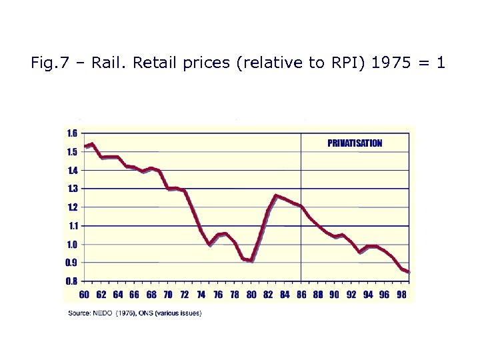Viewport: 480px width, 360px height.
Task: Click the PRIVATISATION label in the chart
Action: (x=355, y=143)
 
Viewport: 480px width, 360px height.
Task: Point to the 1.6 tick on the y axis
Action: (x=71, y=133)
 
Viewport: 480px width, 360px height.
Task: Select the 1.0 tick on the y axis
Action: (x=71, y=245)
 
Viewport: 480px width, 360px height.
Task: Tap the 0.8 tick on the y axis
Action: (x=71, y=281)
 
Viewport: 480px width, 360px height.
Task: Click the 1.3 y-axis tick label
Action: (x=71, y=189)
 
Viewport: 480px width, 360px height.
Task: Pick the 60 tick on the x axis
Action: (x=85, y=295)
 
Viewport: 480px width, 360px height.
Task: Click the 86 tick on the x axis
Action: (x=301, y=295)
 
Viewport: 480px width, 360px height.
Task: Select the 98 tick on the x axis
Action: (x=401, y=295)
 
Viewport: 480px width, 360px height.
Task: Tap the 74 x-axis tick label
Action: (x=201, y=295)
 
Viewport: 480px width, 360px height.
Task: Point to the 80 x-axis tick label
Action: (x=251, y=295)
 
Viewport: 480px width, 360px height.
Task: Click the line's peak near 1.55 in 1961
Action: (x=93, y=143)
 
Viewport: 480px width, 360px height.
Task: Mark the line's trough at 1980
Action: (x=252, y=261)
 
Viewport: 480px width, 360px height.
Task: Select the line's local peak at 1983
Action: (x=276, y=195)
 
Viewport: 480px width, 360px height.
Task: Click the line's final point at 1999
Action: (x=409, y=272)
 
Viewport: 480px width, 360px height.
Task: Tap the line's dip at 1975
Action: (x=210, y=245)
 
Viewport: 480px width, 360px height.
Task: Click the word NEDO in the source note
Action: (x=103, y=313)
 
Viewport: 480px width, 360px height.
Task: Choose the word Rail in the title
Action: (x=106, y=64)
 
